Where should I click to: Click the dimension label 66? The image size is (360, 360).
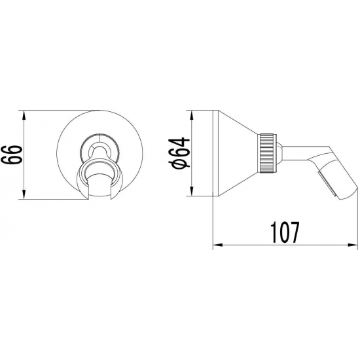tap(11, 154)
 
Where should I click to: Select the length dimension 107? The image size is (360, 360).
tap(285, 232)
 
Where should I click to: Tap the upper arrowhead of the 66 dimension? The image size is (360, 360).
tap(24, 115)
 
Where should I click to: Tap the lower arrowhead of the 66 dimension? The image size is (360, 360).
tap(24, 194)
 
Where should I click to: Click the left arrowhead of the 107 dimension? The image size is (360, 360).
tap(218, 245)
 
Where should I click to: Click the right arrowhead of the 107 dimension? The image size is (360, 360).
tap(353, 245)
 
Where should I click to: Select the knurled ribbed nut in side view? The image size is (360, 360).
tap(266, 153)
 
